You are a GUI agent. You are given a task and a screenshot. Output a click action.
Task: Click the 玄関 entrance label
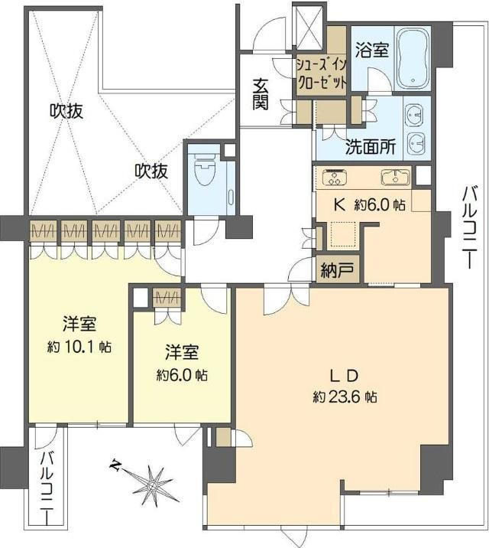261,94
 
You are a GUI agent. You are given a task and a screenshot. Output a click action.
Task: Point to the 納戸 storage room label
337,270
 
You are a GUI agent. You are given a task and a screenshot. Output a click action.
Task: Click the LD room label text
344,377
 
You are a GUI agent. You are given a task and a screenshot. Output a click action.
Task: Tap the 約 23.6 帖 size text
345,397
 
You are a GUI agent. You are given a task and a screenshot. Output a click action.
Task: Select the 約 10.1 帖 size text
79,347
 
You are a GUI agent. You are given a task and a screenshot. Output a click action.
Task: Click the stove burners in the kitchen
335,178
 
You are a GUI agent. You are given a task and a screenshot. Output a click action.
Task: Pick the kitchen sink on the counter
395,178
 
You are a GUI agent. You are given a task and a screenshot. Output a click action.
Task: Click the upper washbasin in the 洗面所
415,113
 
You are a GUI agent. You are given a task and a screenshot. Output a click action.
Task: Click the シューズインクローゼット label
322,73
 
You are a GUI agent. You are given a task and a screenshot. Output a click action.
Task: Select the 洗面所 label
370,147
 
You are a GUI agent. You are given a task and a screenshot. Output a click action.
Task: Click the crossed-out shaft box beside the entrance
309,26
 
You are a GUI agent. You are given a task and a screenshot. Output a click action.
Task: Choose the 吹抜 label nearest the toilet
152,171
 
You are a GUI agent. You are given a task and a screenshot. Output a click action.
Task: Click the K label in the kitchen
339,205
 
